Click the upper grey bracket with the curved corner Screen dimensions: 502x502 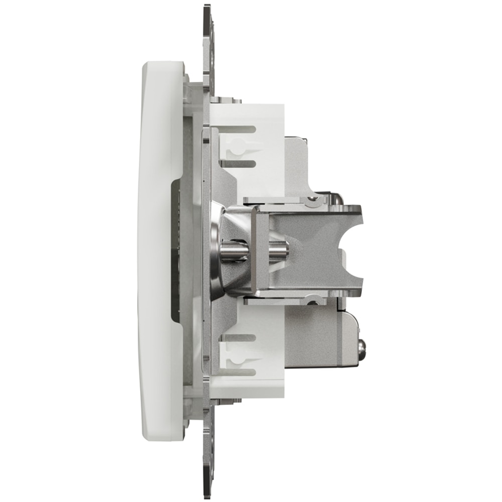tap(299, 161)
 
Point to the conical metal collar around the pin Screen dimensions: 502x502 tap(221, 251)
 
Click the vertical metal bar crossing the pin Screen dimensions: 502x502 tap(257, 251)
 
